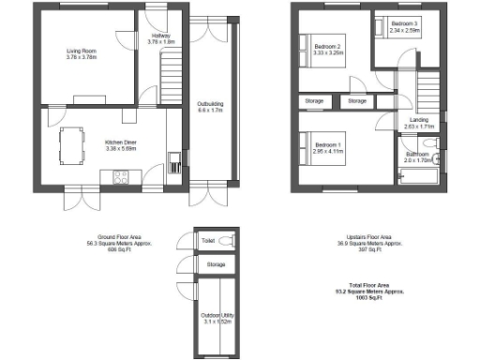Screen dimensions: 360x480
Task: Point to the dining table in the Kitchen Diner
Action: pyautogui.click(x=68, y=144)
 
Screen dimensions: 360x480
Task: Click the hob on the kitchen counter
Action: pyautogui.click(x=121, y=174)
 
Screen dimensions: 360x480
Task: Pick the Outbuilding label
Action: pyautogui.click(x=209, y=106)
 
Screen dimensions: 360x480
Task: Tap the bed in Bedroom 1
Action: pyautogui.click(x=309, y=148)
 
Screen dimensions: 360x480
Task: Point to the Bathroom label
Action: pyautogui.click(x=418, y=157)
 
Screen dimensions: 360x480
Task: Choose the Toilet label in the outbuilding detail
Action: pyautogui.click(x=208, y=241)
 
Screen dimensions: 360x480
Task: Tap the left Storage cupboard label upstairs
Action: pyautogui.click(x=315, y=100)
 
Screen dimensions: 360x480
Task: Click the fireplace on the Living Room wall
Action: pyautogui.click(x=91, y=97)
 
